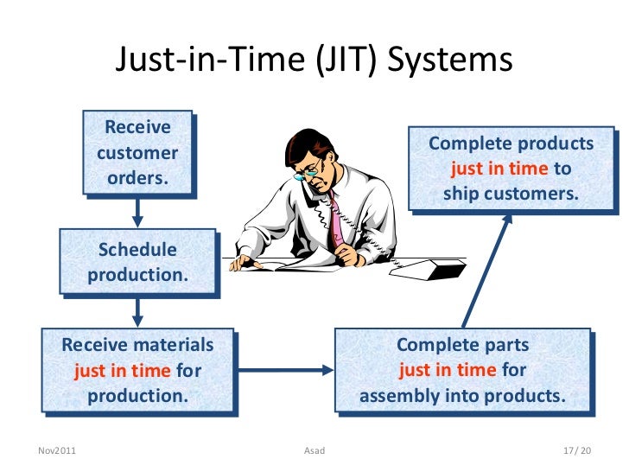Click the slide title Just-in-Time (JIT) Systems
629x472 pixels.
click(x=314, y=60)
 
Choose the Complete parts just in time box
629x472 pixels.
click(x=462, y=370)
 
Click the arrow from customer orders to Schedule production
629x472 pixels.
click(x=137, y=212)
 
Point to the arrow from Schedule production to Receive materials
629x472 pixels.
click(x=137, y=312)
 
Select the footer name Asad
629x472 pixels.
click(x=314, y=450)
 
